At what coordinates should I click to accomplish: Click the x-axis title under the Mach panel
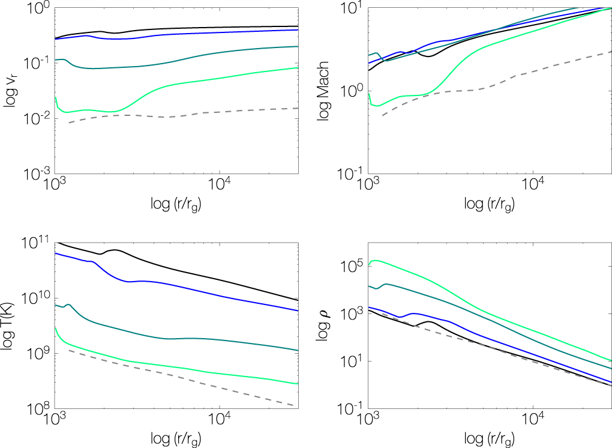pos(488,204)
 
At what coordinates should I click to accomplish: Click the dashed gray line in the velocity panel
pos(180,116)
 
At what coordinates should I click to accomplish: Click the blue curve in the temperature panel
pos(180,282)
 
